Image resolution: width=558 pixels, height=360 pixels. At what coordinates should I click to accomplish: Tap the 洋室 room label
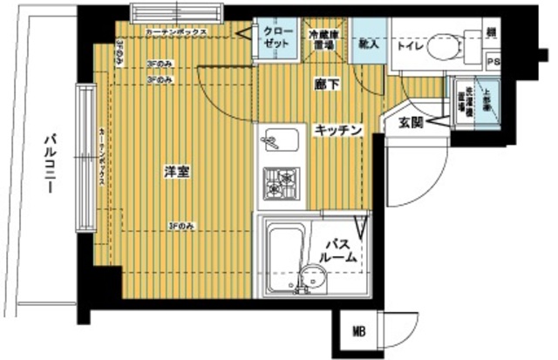pos(178,173)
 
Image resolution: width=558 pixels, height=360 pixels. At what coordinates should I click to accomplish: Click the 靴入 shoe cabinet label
pos(366,44)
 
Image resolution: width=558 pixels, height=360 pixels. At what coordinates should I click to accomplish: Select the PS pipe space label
pos(493,62)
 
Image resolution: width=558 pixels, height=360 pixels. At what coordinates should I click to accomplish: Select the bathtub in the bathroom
pos(282,252)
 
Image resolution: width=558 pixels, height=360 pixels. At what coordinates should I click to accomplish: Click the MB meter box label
pos(359,331)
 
